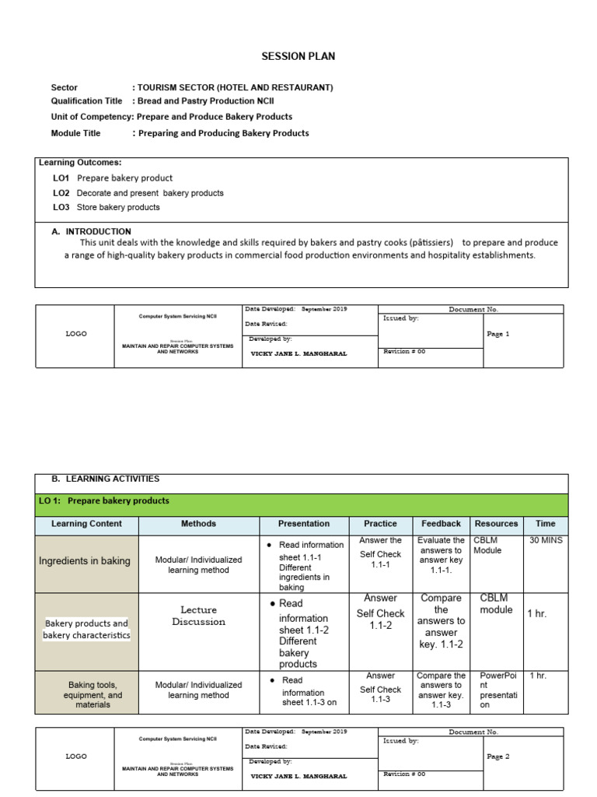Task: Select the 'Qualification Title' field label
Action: [x=87, y=101]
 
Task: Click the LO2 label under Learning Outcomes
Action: [x=61, y=193]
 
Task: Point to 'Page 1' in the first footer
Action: [x=497, y=334]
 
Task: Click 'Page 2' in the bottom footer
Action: [x=497, y=757]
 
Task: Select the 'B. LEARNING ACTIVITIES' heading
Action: [x=102, y=479]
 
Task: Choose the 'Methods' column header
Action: [x=198, y=524]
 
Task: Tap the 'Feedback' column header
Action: [x=441, y=524]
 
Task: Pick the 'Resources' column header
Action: [x=496, y=524]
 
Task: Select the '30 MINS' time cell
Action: [x=546, y=540]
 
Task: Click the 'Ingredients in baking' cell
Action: [x=85, y=561]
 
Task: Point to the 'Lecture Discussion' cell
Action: [x=198, y=616]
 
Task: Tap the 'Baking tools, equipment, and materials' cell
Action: [x=93, y=695]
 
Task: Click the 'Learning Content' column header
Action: [x=87, y=524]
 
